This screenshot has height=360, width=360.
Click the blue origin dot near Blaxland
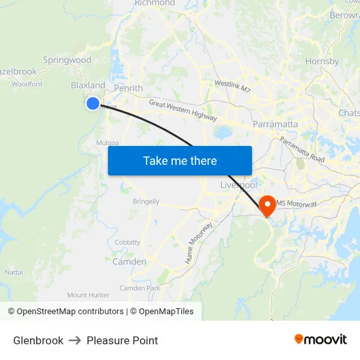[93, 103]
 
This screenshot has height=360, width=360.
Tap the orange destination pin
[268, 205]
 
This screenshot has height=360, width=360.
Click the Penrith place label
[128, 88]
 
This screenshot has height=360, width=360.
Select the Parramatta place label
[275, 124]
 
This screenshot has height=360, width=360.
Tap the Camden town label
[130, 261]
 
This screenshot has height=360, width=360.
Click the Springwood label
[67, 60]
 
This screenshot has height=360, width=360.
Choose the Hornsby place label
[322, 62]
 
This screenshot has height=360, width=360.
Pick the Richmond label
[154, 3]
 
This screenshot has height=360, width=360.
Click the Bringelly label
[146, 202]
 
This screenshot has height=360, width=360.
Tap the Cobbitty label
[128, 242]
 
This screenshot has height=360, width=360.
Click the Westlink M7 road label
[232, 84]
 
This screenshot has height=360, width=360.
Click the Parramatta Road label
[302, 150]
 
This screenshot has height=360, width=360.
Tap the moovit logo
[321, 339]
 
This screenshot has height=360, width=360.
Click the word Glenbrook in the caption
[38, 340]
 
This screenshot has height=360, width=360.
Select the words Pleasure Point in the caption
[122, 340]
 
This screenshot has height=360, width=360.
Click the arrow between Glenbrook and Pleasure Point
[75, 340]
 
